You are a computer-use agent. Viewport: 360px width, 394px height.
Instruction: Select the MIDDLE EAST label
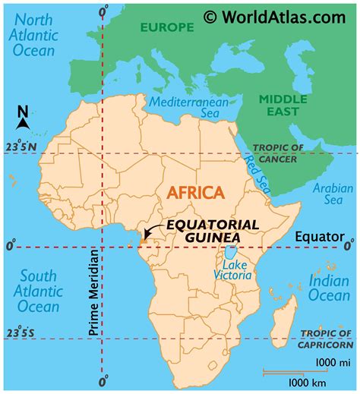tap(283, 105)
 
